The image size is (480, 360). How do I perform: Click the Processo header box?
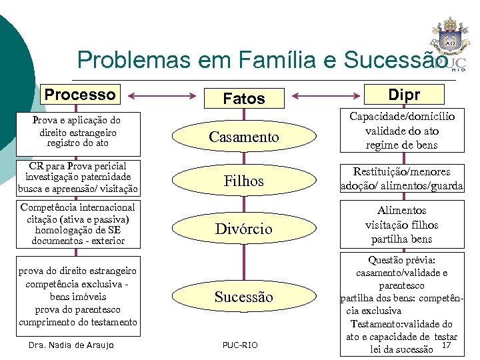(x=80, y=94)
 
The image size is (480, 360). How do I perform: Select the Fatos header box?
(x=244, y=99)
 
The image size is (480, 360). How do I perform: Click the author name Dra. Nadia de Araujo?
(x=72, y=345)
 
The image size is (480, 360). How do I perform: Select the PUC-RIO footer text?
(x=239, y=345)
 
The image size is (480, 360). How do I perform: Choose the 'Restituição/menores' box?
(x=402, y=179)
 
